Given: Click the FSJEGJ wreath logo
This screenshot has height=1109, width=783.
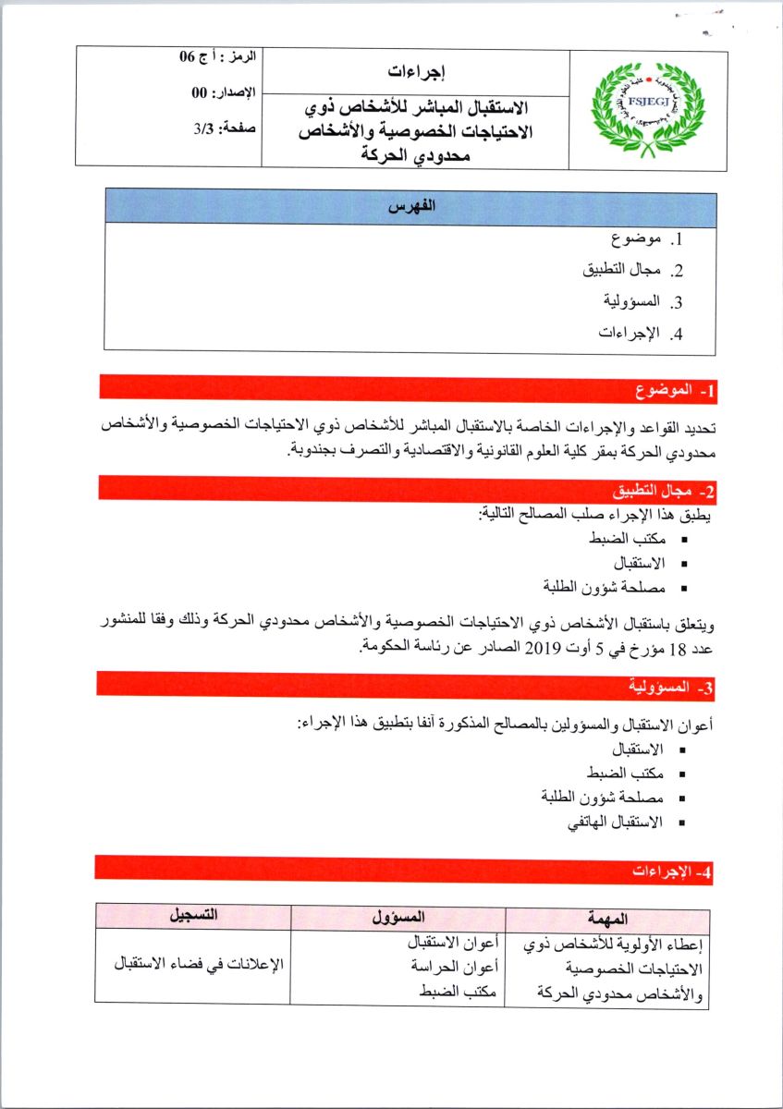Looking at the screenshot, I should pyautogui.click(x=647, y=109).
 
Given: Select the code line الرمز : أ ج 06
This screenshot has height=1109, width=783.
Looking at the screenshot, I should pyautogui.click(x=218, y=57).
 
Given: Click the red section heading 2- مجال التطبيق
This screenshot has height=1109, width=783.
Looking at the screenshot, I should pyautogui.click(x=658, y=490).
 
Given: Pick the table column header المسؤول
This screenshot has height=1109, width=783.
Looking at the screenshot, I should pyautogui.click(x=398, y=919).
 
